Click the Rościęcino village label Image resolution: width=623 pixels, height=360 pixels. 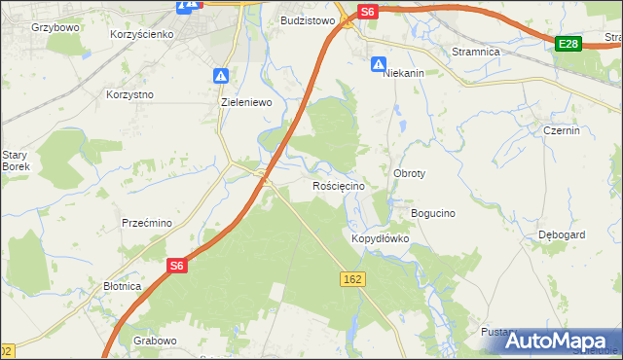pyautogui.click(x=339, y=186)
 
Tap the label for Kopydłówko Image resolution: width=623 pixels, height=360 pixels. pyautogui.click(x=380, y=238)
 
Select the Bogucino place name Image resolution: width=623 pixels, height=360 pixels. pyautogui.click(x=433, y=213)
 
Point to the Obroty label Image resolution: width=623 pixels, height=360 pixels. pyautogui.click(x=409, y=173)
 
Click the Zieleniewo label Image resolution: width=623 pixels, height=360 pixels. pyautogui.click(x=246, y=101)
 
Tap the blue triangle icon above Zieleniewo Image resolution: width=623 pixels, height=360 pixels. pyautogui.click(x=222, y=76)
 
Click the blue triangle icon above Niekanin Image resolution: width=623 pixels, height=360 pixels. pyautogui.click(x=379, y=64)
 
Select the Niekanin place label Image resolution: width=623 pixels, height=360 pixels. pyautogui.click(x=404, y=73)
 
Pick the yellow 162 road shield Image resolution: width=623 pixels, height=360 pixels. pyautogui.click(x=352, y=279)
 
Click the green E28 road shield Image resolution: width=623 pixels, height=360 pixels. pyautogui.click(x=570, y=44)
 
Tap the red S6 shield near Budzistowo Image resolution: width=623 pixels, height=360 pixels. pyautogui.click(x=366, y=12)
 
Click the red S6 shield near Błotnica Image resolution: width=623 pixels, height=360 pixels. pyautogui.click(x=176, y=265)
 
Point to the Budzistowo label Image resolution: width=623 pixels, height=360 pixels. pyautogui.click(x=308, y=19)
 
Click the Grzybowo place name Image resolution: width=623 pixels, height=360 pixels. pyautogui.click(x=55, y=27)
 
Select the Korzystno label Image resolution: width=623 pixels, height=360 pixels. pyautogui.click(x=130, y=95)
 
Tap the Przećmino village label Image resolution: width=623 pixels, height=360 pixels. pyautogui.click(x=147, y=223)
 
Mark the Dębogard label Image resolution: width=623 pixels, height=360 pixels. pyautogui.click(x=562, y=235)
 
